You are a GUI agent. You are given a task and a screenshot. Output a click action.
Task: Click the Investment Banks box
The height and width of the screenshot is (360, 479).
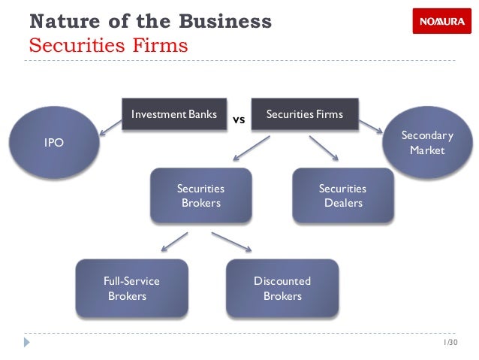click(173, 115)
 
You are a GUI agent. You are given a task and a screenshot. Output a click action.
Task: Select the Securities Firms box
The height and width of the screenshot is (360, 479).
click(304, 115)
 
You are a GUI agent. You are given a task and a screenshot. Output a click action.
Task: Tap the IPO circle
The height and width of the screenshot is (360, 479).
click(53, 141)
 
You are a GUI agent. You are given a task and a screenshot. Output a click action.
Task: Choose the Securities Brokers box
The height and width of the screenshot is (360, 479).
click(200, 195)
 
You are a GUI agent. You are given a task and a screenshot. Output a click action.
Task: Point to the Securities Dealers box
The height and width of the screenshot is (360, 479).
click(342, 195)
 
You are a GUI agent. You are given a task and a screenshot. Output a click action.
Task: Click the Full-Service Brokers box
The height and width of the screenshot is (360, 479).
click(131, 288)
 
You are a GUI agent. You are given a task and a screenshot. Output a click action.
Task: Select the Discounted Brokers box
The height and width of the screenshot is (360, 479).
click(282, 288)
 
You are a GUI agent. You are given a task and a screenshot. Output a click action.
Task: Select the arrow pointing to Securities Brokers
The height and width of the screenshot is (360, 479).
click(252, 148)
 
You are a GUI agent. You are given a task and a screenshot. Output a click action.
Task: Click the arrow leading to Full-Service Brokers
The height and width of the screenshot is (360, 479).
click(174, 241)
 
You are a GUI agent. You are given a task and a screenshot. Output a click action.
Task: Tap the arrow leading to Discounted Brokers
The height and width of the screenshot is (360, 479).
click(231, 241)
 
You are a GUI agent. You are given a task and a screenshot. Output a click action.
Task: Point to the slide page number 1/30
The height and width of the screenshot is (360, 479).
click(450, 343)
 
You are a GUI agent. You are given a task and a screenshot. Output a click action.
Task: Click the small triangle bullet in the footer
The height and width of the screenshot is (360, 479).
click(27, 342)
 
